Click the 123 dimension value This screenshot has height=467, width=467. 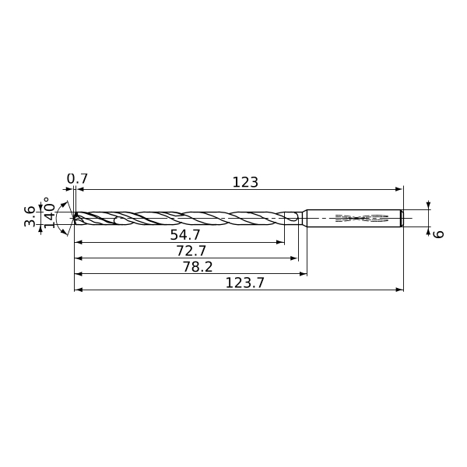245,182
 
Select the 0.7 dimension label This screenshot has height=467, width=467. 77,179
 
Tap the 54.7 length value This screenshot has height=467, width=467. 185,235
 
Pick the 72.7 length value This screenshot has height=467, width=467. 191,251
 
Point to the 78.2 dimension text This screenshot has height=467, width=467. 198,267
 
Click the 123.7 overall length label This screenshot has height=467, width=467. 245,283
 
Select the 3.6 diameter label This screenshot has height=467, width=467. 30,216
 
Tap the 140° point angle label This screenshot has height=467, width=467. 50,212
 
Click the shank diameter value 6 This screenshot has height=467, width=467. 438,234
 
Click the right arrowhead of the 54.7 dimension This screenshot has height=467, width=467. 280,242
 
